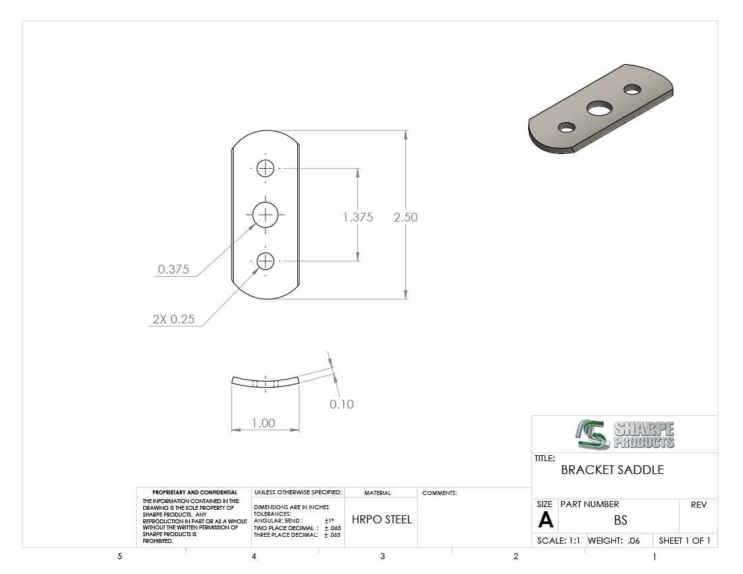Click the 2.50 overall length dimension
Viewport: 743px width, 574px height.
pyautogui.click(x=405, y=217)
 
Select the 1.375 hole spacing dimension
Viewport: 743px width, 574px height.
pyautogui.click(x=357, y=217)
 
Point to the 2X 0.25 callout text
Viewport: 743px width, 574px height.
pyautogui.click(x=173, y=319)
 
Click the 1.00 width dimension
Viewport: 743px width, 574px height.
pyautogui.click(x=263, y=423)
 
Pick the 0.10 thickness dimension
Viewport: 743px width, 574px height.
pyautogui.click(x=341, y=405)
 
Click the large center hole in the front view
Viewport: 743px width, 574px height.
pyautogui.click(x=266, y=215)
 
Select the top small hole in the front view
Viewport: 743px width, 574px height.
pyautogui.click(x=265, y=168)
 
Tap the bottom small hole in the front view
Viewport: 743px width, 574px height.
pyautogui.click(x=265, y=261)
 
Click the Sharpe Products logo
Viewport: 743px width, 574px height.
pyautogui.click(x=625, y=434)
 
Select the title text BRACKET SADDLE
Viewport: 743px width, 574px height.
pyautogui.click(x=612, y=470)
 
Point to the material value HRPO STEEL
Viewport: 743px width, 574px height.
pyautogui.click(x=382, y=519)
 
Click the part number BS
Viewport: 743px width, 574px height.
pyautogui.click(x=620, y=520)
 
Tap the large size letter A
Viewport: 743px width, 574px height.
pyautogui.click(x=545, y=520)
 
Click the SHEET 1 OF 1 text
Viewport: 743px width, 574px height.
pyautogui.click(x=684, y=541)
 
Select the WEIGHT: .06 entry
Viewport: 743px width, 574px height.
pyautogui.click(x=614, y=541)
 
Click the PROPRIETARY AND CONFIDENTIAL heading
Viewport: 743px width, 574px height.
pyautogui.click(x=195, y=492)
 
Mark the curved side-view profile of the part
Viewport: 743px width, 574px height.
pyautogui.click(x=265, y=383)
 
